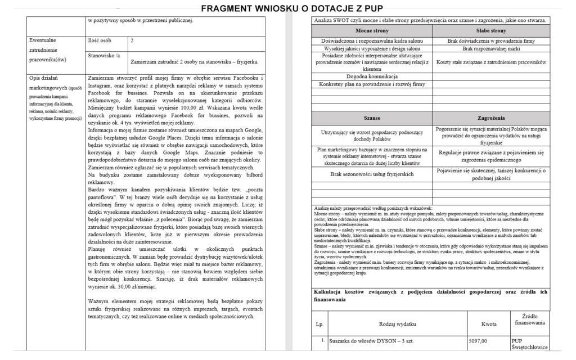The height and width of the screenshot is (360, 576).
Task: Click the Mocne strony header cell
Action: [x=372, y=31]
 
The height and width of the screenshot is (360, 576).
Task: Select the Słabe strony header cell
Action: [x=490, y=31]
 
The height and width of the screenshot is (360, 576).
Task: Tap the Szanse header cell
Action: [x=372, y=119]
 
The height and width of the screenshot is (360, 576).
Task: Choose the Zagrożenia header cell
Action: [x=490, y=119]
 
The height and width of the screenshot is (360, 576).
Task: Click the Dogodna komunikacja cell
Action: [x=372, y=76]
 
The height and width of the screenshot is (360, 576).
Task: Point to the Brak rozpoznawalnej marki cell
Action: [x=490, y=49]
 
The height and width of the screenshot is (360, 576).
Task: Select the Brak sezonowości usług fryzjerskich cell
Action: [x=372, y=175]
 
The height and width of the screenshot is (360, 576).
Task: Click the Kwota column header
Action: [x=489, y=324]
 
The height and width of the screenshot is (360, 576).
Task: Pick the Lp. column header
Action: [x=319, y=324]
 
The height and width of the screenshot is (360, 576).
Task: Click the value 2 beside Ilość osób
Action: [x=132, y=41]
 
